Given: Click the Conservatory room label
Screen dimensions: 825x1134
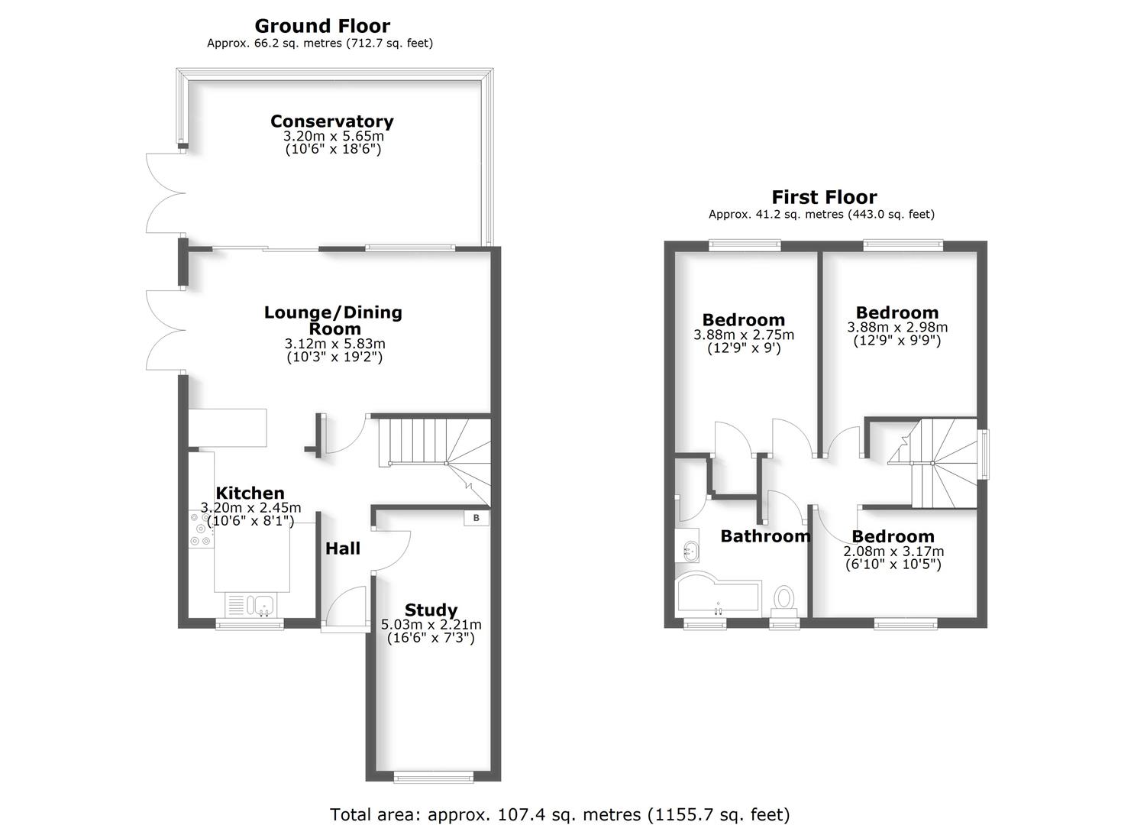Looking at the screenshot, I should (331, 121).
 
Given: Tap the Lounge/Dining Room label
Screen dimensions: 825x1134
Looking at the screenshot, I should (333, 320).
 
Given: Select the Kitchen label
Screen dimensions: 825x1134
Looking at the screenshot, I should (250, 493).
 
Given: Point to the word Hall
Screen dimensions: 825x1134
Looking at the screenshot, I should (343, 548).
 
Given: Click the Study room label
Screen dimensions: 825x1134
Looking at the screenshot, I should (431, 610).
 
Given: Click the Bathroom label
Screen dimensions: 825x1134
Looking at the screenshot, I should (765, 536).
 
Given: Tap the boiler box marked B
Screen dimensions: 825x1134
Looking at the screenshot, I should (477, 517).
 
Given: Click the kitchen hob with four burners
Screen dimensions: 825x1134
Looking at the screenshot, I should (202, 529).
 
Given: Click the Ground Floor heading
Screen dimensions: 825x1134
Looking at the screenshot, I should (322, 26).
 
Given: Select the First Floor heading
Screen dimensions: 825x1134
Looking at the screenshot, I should (824, 197).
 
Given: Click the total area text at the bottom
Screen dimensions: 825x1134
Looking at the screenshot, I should (560, 814).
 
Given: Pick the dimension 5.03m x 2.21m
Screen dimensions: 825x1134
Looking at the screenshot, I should (431, 625).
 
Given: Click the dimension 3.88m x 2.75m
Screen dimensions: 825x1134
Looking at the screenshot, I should (743, 335).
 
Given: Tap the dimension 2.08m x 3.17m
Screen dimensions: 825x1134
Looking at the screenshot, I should (893, 551).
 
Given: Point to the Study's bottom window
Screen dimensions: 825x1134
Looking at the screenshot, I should (433, 777).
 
